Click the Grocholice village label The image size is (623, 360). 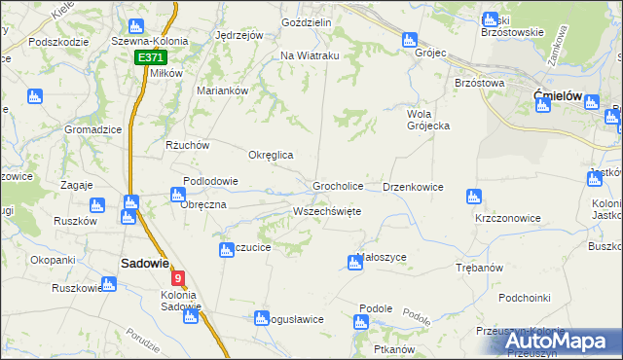(x=338, y=186)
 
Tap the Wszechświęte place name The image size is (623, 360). (x=327, y=211)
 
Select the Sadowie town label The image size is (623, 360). (x=145, y=263)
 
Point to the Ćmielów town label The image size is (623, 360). (x=558, y=95)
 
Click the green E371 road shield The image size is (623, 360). (x=151, y=58)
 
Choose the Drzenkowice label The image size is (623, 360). (x=414, y=187)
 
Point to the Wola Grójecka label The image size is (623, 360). (x=426, y=121)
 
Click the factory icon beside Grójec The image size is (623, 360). (x=410, y=41)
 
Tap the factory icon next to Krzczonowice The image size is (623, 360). (x=474, y=197)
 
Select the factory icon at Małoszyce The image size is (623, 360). (x=355, y=262)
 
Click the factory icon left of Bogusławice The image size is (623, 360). (x=261, y=318)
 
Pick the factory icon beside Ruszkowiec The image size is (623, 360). (x=108, y=285)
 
